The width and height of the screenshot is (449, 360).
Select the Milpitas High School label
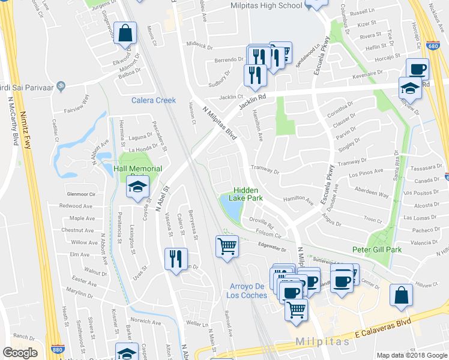click(x=266, y=5)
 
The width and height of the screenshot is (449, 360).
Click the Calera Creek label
click(x=154, y=100)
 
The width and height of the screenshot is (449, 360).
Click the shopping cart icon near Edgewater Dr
click(x=227, y=245)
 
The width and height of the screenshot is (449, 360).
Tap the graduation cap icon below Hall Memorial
click(x=138, y=187)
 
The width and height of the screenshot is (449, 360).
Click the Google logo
click(x=20, y=353)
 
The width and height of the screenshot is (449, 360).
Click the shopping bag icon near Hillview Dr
click(x=401, y=295)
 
